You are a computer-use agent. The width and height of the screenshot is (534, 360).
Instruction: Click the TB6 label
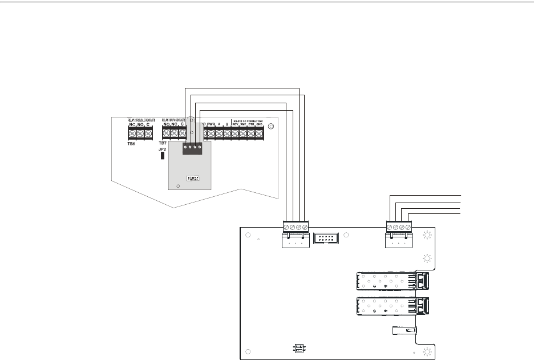point(131,144)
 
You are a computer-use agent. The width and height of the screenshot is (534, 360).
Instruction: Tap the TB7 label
point(163,143)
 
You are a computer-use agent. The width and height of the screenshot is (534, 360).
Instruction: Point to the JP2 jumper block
point(163,154)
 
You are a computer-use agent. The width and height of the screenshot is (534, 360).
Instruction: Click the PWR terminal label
point(211,124)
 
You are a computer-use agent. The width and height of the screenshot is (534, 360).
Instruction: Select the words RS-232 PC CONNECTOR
point(247,120)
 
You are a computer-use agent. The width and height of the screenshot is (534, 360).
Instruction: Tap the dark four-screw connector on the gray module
point(192,148)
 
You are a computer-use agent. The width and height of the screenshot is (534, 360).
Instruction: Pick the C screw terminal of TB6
point(148,134)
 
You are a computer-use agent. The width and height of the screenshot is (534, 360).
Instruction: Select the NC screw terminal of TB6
point(132,134)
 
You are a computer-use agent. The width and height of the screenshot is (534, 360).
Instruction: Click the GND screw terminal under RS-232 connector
point(259,134)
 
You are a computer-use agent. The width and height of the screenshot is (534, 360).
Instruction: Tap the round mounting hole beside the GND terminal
point(272,126)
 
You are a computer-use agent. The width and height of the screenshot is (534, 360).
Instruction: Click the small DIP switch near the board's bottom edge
point(297,348)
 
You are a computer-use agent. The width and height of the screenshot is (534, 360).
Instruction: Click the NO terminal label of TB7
point(167,124)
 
